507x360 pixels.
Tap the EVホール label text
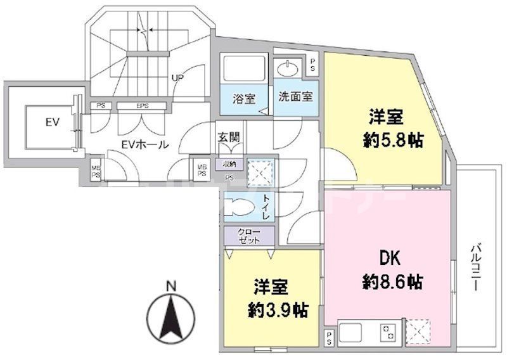point(145,145)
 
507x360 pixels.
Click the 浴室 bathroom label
point(244,99)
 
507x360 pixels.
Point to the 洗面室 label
point(296,98)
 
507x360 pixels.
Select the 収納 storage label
point(229,164)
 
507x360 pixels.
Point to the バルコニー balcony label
point(476,266)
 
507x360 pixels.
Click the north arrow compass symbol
point(170,316)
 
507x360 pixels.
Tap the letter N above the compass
point(170,286)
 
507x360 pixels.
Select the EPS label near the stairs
point(142,106)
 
